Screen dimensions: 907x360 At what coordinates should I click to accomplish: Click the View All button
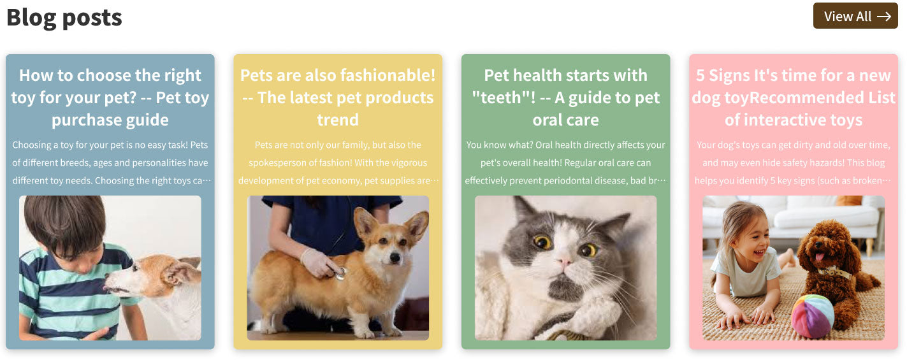coord(855,16)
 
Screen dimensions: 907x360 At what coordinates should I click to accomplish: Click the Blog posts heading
coord(64,18)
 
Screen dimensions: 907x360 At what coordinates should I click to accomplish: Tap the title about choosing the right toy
coord(110,97)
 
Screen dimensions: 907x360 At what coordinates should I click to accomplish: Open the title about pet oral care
coord(565,97)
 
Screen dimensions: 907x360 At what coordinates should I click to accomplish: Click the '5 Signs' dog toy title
coord(794,97)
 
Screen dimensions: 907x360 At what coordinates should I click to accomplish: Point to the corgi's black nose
coord(395,257)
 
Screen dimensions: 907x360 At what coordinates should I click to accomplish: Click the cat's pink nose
coord(563,262)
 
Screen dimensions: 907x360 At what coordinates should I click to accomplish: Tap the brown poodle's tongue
coord(819,257)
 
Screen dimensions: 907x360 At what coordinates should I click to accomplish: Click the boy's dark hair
coord(65,223)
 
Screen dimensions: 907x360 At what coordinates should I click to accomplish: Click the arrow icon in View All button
coord(884,16)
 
